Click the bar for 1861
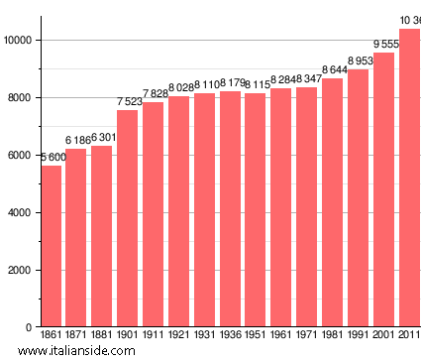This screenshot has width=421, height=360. coord(51,246)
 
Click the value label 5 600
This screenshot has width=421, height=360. coord(52,158)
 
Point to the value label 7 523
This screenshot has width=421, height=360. coord(128,102)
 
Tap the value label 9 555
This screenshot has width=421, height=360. coord(383,45)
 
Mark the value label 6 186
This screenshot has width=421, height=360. coord(76,141)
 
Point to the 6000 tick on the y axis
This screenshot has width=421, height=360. coord(22,155)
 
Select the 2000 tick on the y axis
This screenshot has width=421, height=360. coord(22,270)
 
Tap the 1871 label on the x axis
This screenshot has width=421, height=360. coord(76,337)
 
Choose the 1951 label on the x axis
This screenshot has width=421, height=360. coord(256,337)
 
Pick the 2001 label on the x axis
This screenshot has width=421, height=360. coord(383,337)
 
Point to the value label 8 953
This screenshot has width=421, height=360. coord(358,61)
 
